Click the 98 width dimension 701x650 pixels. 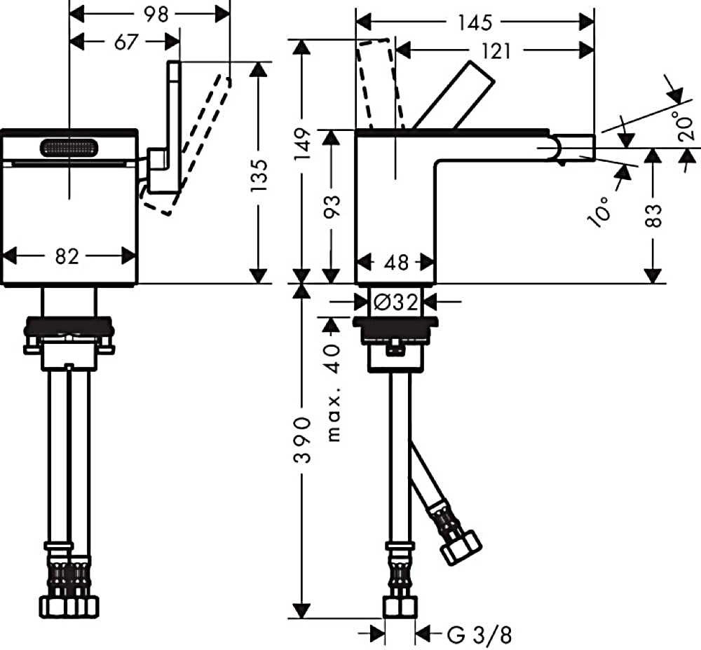(x=156, y=15)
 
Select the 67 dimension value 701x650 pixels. (x=126, y=43)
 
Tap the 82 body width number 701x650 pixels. (x=67, y=257)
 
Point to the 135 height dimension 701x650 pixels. (x=259, y=176)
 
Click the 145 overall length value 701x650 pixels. (x=475, y=23)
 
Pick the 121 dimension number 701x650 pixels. (x=496, y=51)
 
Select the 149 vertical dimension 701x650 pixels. (x=303, y=144)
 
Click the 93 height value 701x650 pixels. (x=332, y=207)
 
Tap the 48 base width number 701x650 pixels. (x=396, y=263)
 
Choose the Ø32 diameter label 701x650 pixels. (x=395, y=303)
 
